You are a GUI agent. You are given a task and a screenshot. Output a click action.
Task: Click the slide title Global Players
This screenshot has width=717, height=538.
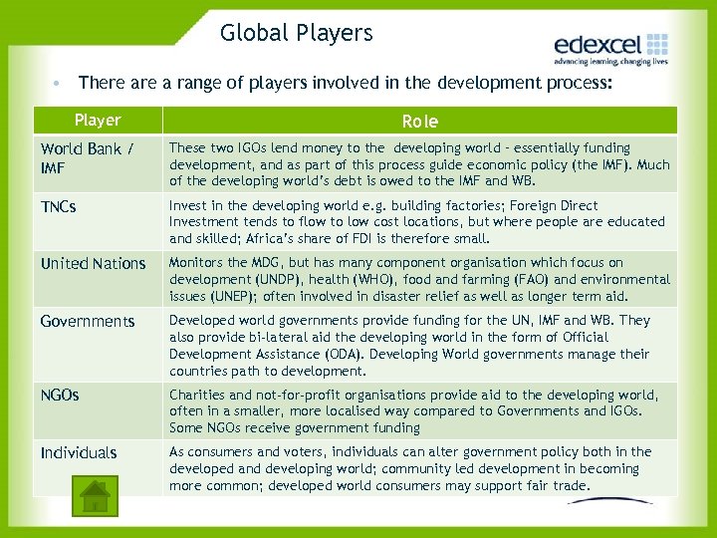pyautogui.click(x=297, y=33)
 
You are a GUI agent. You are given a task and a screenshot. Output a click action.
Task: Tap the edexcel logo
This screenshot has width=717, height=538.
pyautogui.click(x=610, y=49)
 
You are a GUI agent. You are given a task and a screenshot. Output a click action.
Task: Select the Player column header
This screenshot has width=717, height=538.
pyautogui.click(x=98, y=121)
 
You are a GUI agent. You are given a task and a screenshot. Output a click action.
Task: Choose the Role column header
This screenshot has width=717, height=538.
pyautogui.click(x=419, y=122)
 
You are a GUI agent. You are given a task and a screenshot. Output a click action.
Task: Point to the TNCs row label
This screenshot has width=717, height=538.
pyautogui.click(x=59, y=207)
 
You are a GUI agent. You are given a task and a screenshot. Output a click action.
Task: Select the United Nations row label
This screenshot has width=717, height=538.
pyautogui.click(x=93, y=264)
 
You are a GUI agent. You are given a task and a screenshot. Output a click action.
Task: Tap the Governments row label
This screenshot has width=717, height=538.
pyautogui.click(x=88, y=321)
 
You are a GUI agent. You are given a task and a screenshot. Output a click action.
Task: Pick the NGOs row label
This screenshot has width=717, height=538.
pyautogui.click(x=60, y=395)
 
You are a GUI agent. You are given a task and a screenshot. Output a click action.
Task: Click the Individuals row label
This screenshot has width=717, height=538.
pyautogui.click(x=79, y=452)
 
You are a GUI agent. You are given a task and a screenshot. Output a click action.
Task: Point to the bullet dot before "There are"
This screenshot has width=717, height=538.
pyautogui.click(x=61, y=83)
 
